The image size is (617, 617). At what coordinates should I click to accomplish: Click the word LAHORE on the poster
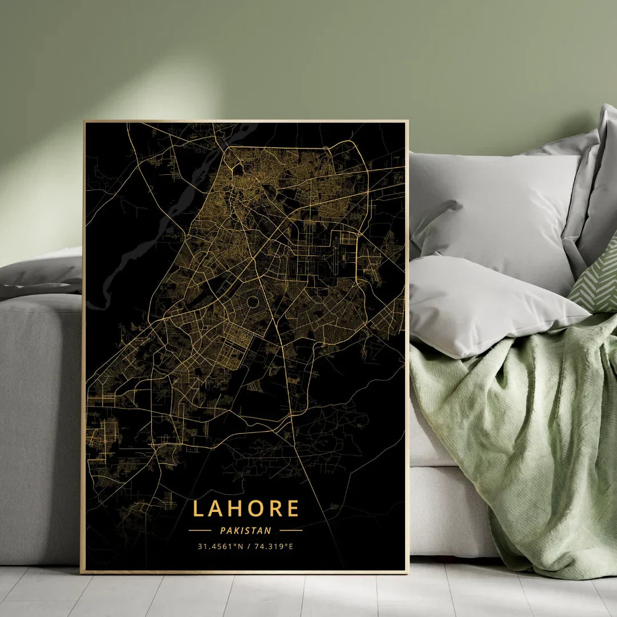click(x=246, y=508)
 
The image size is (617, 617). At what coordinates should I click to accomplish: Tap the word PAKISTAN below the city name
click(x=246, y=531)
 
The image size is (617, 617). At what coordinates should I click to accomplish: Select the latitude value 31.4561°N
click(x=221, y=547)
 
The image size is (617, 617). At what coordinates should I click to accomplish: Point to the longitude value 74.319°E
click(x=274, y=547)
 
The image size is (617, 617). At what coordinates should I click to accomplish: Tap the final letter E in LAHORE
click(x=293, y=508)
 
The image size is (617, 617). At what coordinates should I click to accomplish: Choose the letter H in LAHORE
click(x=235, y=508)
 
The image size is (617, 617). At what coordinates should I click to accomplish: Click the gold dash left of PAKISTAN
click(x=200, y=531)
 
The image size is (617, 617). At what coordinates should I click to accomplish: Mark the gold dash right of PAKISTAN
click(x=291, y=531)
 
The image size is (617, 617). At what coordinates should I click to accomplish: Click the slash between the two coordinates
click(x=249, y=547)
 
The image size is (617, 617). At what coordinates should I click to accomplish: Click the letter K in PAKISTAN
click(x=235, y=531)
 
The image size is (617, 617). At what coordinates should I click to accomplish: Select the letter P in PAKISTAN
click(x=222, y=531)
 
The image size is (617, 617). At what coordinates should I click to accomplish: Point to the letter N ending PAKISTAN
click(x=269, y=531)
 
